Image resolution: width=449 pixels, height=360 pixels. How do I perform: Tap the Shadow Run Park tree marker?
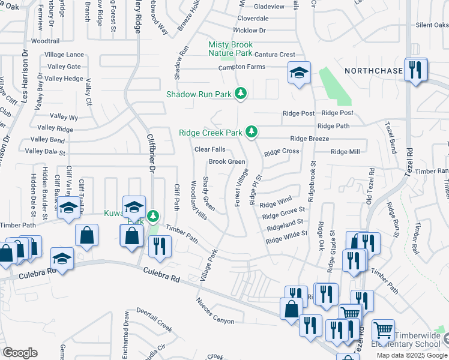(x=241, y=94)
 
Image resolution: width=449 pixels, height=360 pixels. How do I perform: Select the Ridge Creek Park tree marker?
(x=253, y=131)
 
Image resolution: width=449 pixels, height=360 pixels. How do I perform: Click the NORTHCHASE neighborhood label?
(x=373, y=71)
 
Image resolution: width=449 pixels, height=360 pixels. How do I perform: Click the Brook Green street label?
(x=226, y=162)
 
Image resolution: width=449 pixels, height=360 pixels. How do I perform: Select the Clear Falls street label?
(x=209, y=149)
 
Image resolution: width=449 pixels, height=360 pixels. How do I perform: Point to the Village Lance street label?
(x=64, y=55)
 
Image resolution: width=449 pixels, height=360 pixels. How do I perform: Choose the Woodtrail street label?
(x=45, y=41)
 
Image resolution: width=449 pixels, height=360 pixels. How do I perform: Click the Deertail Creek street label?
(x=154, y=328)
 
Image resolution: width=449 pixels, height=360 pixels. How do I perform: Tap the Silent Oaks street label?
(x=432, y=25)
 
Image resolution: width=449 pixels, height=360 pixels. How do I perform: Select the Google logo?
(x=20, y=353)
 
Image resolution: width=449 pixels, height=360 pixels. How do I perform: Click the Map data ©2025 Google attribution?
(x=412, y=355)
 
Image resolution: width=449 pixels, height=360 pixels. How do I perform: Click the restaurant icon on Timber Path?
(x=160, y=247)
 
